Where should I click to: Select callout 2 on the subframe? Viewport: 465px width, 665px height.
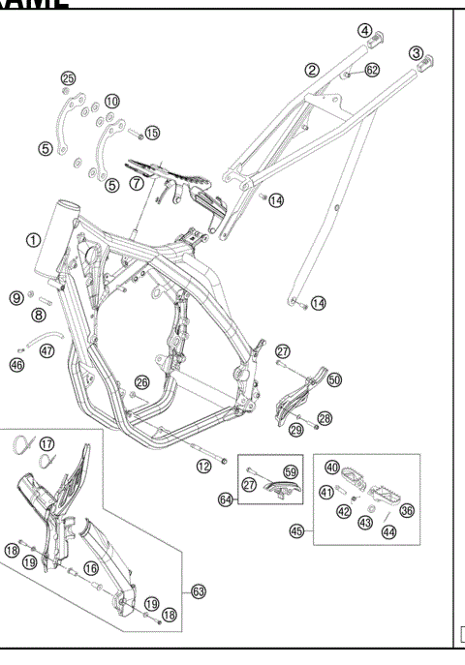[x=312, y=70]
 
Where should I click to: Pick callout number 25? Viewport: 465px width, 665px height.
[x=67, y=77]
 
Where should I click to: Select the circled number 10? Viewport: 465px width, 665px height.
[x=112, y=101]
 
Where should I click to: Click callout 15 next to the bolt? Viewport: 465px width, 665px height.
[x=152, y=131]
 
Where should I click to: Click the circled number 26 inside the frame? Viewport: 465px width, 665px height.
[x=141, y=382]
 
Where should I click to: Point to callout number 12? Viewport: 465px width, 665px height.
[x=204, y=467]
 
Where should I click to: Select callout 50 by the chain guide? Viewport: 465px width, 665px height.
[x=334, y=380]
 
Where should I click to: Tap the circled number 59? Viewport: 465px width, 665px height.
[x=289, y=473]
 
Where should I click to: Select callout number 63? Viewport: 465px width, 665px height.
[x=199, y=590]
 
